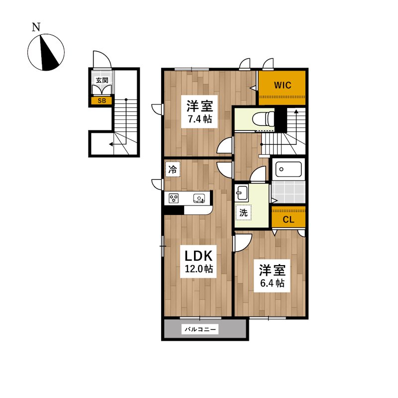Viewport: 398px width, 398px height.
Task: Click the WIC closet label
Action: click(282, 85)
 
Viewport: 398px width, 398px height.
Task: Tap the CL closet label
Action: click(289, 219)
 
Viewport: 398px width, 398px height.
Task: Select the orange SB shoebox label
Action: click(102, 101)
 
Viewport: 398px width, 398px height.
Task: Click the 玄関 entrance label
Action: click(102, 80)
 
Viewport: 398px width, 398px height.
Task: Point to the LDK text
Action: click(198, 256)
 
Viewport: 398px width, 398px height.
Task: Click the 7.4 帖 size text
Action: click(200, 119)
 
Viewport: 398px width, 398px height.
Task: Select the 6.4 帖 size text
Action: click(272, 283)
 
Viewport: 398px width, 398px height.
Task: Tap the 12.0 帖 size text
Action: click(199, 269)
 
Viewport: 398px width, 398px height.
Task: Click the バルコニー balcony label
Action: click(200, 329)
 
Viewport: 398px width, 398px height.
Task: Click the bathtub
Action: click(289, 169)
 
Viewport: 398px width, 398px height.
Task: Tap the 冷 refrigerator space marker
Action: click(173, 169)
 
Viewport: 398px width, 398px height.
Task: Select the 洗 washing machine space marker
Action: click(243, 213)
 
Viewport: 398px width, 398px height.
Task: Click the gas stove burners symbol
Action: click(174, 198)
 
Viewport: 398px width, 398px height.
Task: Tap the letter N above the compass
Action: click(36, 27)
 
